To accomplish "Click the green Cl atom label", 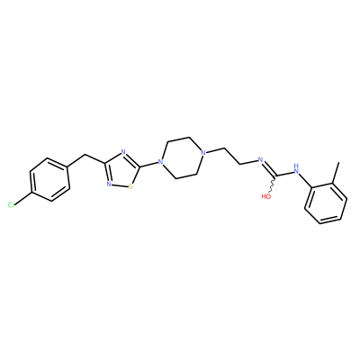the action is click(x=11, y=205).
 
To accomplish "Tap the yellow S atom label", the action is click(x=130, y=187).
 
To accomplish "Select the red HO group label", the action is click(x=266, y=197).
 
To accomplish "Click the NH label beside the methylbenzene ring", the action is click(x=297, y=169).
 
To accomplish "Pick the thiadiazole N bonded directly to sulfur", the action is click(x=109, y=184).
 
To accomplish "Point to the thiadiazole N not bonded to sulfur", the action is click(x=123, y=152).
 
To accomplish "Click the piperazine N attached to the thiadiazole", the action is click(x=161, y=163).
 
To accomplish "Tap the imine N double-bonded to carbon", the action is click(x=260, y=159).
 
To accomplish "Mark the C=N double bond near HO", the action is click(x=269, y=168).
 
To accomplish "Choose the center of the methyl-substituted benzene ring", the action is click(x=326, y=203).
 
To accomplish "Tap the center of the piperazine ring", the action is click(x=182, y=158).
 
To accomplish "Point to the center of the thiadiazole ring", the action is click(x=121, y=170).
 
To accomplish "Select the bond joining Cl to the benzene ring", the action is click(x=22, y=198).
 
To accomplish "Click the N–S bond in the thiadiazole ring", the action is click(x=120, y=185).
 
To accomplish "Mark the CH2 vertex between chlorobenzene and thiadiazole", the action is click(x=85, y=155).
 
